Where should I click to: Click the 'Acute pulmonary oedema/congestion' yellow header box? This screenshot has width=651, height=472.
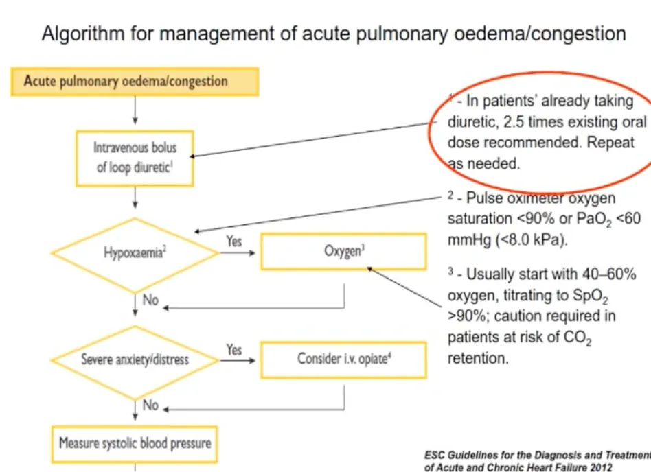click(x=135, y=81)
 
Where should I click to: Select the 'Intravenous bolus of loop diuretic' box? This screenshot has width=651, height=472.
click(x=135, y=158)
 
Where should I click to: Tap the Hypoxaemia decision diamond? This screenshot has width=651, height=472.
click(x=136, y=251)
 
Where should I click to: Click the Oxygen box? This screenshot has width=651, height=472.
click(x=343, y=251)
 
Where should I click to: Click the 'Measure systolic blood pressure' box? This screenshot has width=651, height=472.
click(x=135, y=442)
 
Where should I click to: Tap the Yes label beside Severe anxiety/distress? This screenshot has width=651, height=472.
click(x=234, y=349)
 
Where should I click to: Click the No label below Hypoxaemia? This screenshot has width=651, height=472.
click(x=150, y=299)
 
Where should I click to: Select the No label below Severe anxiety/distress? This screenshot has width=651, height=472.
click(x=150, y=405)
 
